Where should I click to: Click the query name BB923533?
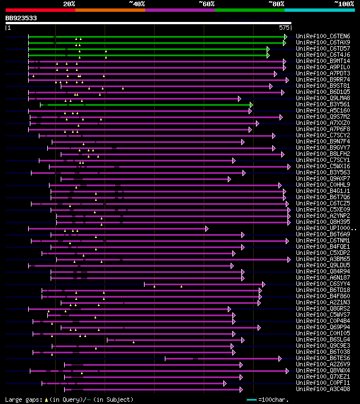click(21, 18)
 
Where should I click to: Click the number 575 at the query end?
click(284, 27)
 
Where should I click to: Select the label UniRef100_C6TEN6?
click(323, 37)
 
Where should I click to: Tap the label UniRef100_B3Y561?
click(323, 105)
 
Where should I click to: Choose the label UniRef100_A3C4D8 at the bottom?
click(323, 389)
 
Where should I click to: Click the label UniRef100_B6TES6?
click(323, 358)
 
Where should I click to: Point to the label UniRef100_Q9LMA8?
click(323, 98)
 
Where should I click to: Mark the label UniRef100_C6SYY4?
click(323, 284)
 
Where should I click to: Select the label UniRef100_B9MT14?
click(323, 61)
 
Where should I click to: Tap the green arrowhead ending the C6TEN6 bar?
click(285, 37)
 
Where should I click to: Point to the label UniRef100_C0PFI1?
click(323, 383)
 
